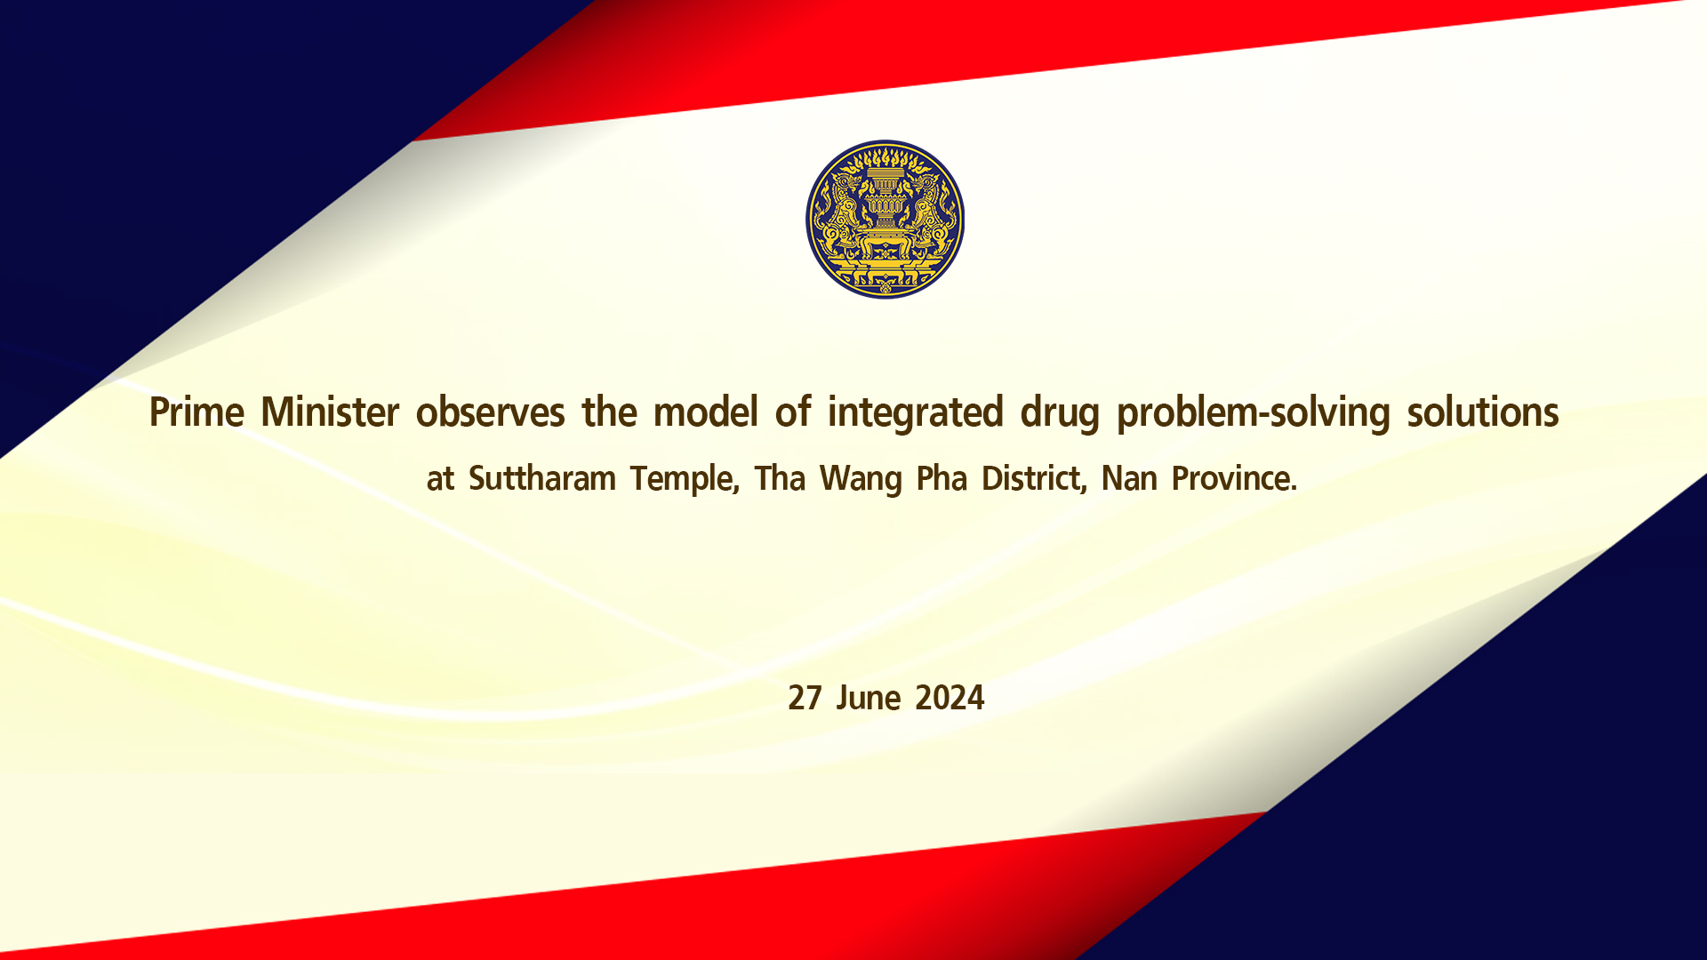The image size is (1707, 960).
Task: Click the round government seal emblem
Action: point(885,219)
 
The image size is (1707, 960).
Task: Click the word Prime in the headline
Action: point(196,412)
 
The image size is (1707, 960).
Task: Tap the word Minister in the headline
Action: point(330,412)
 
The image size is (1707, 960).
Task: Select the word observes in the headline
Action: point(491,412)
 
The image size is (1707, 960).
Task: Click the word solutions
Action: point(1483,412)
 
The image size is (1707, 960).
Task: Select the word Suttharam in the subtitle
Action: point(542,479)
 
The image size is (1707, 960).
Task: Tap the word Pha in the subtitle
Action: point(942,479)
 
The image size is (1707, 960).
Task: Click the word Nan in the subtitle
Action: point(1129,479)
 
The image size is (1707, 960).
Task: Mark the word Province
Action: point(1235,479)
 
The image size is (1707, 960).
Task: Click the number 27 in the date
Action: point(805,699)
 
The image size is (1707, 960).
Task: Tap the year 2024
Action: point(950,699)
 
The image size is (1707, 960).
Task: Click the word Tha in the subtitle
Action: point(780,479)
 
